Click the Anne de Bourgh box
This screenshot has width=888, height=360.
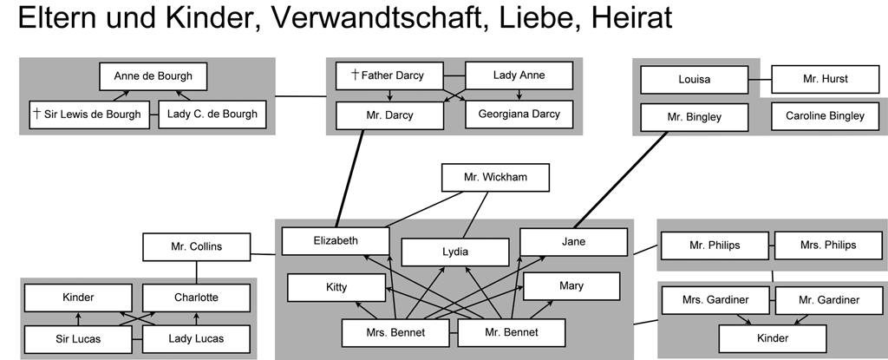(153, 76)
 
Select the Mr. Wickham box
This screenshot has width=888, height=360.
(495, 178)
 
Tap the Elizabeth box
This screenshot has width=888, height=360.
(336, 241)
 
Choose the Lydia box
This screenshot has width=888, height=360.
(454, 252)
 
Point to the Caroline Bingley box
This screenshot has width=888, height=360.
(826, 116)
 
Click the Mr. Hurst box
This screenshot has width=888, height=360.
(826, 79)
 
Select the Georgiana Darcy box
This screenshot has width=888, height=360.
(519, 115)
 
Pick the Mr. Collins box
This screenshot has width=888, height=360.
(197, 247)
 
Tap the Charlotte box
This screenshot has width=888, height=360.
(197, 298)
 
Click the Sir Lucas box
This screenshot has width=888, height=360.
(78, 339)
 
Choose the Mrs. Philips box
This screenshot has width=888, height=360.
(828, 245)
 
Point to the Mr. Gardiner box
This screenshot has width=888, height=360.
(829, 300)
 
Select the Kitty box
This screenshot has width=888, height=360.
(336, 287)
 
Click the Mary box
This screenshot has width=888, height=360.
(571, 286)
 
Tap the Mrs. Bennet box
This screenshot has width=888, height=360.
(395, 333)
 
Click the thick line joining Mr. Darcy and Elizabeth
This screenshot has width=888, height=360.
(349, 179)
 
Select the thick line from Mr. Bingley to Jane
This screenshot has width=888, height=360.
(621, 180)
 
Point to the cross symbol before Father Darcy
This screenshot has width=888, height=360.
(355, 75)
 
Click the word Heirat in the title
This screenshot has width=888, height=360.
(631, 17)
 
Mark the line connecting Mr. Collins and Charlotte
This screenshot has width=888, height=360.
(197, 272)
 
